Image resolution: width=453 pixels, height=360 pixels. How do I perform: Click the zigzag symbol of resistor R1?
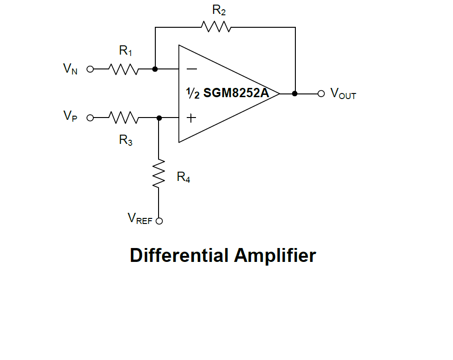123,69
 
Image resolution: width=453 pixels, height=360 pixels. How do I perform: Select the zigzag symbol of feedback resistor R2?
216,27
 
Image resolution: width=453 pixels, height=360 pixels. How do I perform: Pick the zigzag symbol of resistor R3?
123,118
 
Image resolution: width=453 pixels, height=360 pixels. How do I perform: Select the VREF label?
140,218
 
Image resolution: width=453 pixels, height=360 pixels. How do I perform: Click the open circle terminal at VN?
90,69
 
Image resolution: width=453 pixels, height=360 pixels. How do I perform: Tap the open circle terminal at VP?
90,118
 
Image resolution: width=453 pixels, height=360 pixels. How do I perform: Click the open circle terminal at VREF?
159,221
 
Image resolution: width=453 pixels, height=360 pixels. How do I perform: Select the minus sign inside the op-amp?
191,69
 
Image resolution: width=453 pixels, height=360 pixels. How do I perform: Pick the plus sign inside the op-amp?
191,118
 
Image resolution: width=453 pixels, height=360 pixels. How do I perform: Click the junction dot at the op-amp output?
295,93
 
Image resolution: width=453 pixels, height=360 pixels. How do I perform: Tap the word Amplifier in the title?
275,255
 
